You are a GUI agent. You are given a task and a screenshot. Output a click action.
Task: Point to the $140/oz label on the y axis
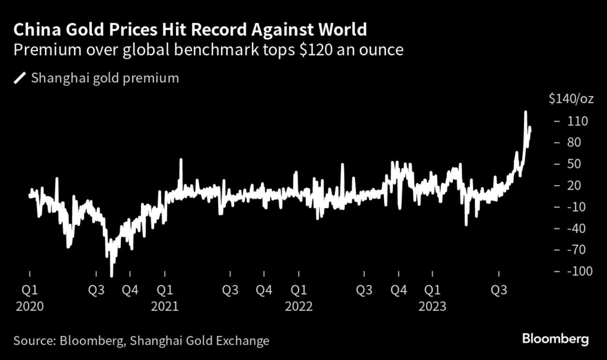pyautogui.click(x=571, y=99)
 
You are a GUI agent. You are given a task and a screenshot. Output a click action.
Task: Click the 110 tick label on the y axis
pyautogui.click(x=577, y=121)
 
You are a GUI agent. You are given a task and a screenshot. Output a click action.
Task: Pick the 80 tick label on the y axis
pyautogui.click(x=574, y=142)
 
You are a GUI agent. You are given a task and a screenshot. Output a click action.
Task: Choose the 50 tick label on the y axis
pyautogui.click(x=574, y=164)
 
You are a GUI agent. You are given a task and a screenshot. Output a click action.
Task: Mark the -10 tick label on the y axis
pyautogui.click(x=576, y=206)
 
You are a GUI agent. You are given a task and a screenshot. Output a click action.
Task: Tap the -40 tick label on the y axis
pyautogui.click(x=576, y=228)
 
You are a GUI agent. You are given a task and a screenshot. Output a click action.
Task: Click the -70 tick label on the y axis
pyautogui.click(x=576, y=250)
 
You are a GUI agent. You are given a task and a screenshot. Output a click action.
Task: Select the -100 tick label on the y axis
pyautogui.click(x=579, y=271)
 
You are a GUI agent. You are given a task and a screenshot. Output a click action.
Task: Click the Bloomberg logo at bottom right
pyautogui.click(x=555, y=340)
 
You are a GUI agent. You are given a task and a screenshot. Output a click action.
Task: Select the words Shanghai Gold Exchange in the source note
pyautogui.click(x=199, y=341)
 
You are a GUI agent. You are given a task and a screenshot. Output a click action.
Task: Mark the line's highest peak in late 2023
pyautogui.click(x=525, y=111)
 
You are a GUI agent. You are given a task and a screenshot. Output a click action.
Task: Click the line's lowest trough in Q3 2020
pyautogui.click(x=111, y=276)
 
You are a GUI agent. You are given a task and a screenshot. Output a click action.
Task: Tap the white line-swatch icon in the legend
pyautogui.click(x=19, y=78)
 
